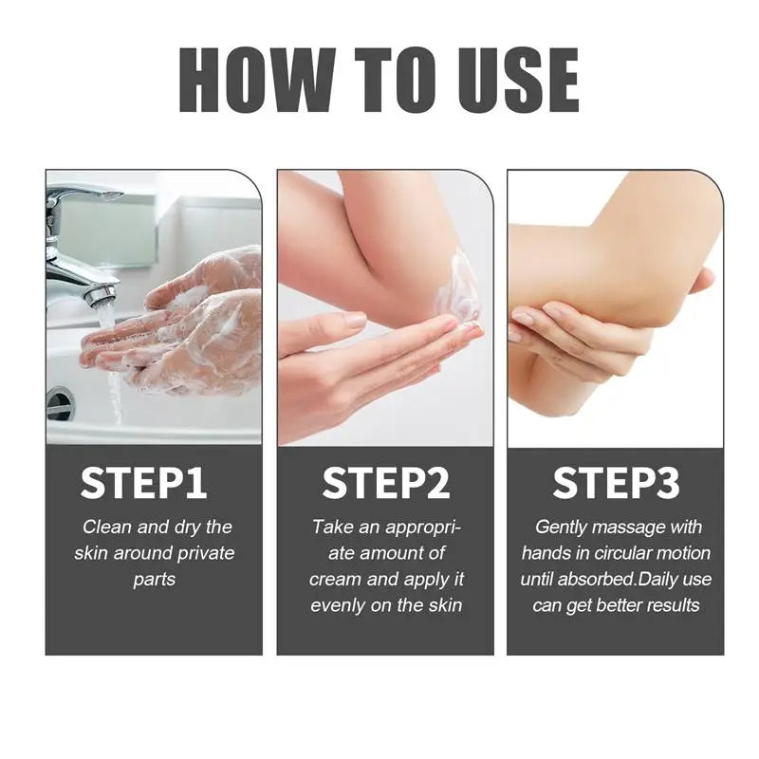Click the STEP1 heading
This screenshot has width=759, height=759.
(143, 483)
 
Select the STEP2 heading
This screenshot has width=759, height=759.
(385, 483)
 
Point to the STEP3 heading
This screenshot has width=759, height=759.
(616, 483)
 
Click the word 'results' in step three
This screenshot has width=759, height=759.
(669, 604)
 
